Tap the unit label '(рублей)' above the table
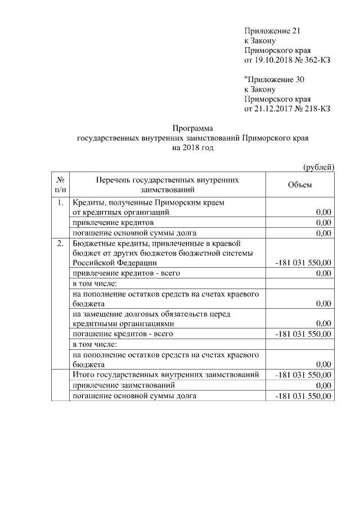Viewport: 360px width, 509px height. (x=318, y=166)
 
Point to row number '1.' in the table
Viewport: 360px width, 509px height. (x=60, y=202)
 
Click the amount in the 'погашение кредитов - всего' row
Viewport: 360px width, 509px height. (x=303, y=334)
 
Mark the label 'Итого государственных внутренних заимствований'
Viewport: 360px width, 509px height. (x=166, y=375)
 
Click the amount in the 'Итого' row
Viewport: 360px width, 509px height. (x=303, y=375)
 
